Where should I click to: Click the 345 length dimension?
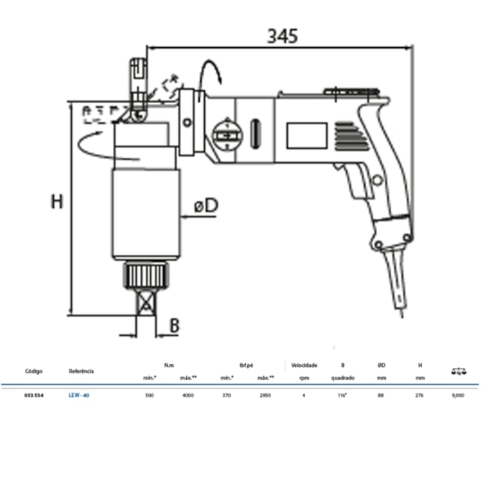(x=283, y=35)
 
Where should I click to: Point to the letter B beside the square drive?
(x=173, y=325)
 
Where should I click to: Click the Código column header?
(x=34, y=371)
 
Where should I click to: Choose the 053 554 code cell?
(x=34, y=394)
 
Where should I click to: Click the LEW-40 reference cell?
(x=79, y=394)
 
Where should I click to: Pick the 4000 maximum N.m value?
(x=188, y=394)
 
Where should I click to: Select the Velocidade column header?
(x=304, y=366)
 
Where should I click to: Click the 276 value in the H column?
(x=419, y=394)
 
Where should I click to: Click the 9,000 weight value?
(x=458, y=394)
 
